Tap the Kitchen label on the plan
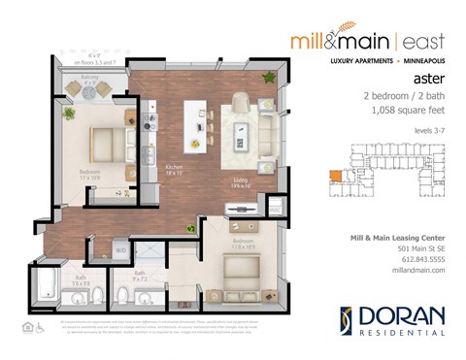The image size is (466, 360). coord(176,169)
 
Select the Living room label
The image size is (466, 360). coord(240,180)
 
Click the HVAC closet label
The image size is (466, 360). coord(275,207)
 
